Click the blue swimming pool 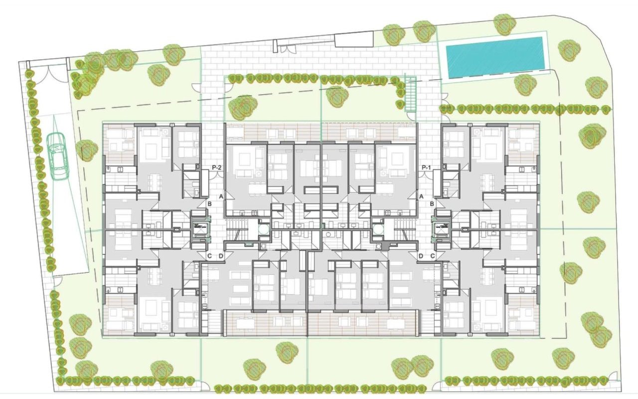[x=494, y=56]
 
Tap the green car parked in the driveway [x=58, y=156]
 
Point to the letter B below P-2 [x=210, y=204]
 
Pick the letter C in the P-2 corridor [x=210, y=256]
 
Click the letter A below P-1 [x=421, y=197]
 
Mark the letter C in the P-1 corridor [x=432, y=256]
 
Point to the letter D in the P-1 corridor [x=421, y=256]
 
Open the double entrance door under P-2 [x=216, y=175]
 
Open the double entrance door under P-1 [x=426, y=175]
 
